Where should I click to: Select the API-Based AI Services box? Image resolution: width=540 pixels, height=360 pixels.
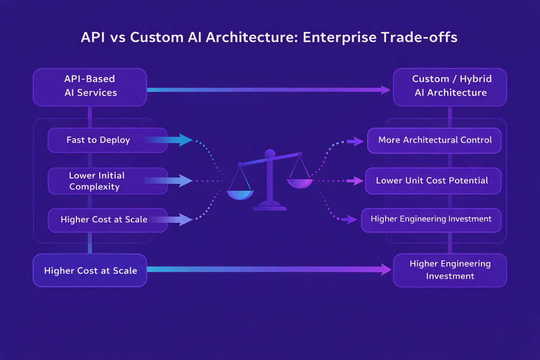pos(90,86)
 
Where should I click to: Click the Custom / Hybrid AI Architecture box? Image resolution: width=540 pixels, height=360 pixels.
pos(450,86)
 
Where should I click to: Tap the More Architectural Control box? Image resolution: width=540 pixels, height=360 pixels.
pos(435,140)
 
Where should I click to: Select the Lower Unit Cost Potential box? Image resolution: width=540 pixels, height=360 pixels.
pos(432,181)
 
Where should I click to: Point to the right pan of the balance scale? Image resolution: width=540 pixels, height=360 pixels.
pos(300,183)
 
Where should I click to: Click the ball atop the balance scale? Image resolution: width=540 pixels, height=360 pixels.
pos(269,154)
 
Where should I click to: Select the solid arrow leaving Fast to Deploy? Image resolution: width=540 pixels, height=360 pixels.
pos(169,140)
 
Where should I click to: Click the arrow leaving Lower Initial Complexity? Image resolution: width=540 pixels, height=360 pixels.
pos(169,181)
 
